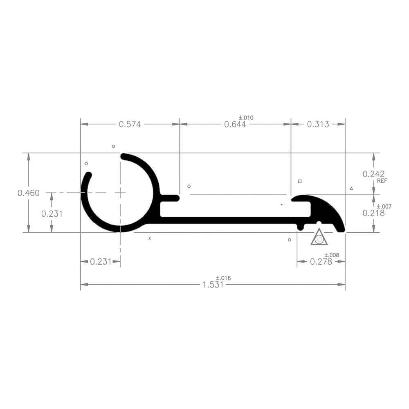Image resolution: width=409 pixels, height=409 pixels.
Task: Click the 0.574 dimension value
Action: point(130,124)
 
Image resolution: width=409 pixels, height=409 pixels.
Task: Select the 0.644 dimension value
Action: point(235,124)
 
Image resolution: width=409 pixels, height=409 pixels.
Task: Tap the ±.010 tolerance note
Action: point(246,118)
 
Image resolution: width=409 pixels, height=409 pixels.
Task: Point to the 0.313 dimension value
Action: point(318,124)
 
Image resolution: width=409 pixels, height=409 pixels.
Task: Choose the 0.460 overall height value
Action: point(29,193)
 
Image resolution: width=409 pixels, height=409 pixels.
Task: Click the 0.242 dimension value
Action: point(373,174)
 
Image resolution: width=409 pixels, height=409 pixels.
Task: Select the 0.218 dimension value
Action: point(373,213)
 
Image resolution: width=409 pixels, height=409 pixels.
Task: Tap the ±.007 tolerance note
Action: point(384,207)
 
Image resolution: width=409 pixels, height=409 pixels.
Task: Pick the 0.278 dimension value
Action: point(321,262)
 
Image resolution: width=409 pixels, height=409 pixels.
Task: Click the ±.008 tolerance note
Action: point(332,255)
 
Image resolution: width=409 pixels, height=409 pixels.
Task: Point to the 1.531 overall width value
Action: point(213,285)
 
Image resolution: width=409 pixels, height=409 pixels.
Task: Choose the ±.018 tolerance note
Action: point(223,279)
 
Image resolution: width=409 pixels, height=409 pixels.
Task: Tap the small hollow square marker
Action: point(300,181)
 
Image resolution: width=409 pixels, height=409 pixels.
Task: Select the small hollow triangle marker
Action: point(351,189)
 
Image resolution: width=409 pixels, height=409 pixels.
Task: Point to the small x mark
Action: point(150,238)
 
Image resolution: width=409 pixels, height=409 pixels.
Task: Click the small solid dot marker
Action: point(281,204)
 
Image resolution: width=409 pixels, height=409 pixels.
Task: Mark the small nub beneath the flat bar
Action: point(301,227)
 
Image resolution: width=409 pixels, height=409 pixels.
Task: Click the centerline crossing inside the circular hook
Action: point(120,192)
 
